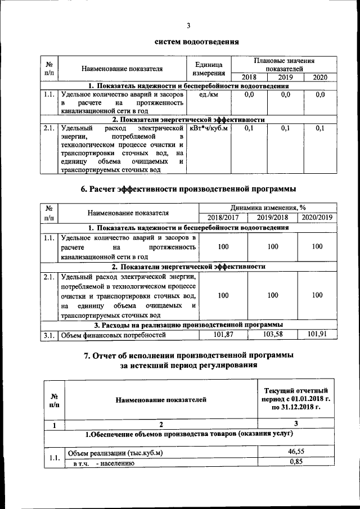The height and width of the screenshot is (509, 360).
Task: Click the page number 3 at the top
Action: (x=189, y=25)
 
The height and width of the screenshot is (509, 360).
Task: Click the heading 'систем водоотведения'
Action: (x=189, y=42)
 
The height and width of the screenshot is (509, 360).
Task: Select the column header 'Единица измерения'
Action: (x=209, y=69)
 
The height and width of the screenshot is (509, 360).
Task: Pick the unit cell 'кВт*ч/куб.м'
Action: (x=209, y=129)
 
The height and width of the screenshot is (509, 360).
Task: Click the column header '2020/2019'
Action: (x=317, y=217)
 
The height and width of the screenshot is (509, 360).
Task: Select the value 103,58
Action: (x=273, y=335)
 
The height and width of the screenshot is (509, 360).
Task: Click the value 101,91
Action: (x=317, y=335)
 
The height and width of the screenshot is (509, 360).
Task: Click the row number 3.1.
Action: (x=48, y=336)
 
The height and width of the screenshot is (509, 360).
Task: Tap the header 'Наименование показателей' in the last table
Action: (x=161, y=400)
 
